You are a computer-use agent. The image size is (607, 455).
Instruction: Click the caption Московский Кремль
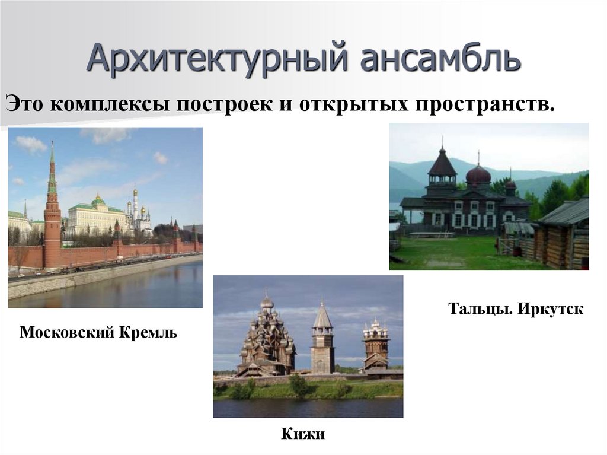tap(98, 332)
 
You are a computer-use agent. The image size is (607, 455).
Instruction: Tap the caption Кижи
tap(303, 434)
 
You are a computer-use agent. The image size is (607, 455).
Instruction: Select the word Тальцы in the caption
tap(480, 309)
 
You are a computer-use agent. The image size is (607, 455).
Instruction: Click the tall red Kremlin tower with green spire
tap(52, 219)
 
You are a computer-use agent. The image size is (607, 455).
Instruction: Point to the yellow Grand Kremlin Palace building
tap(95, 218)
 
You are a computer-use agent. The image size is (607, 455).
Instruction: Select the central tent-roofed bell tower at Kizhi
tap(322, 344)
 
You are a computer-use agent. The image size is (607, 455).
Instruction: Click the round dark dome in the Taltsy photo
tap(478, 175)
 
